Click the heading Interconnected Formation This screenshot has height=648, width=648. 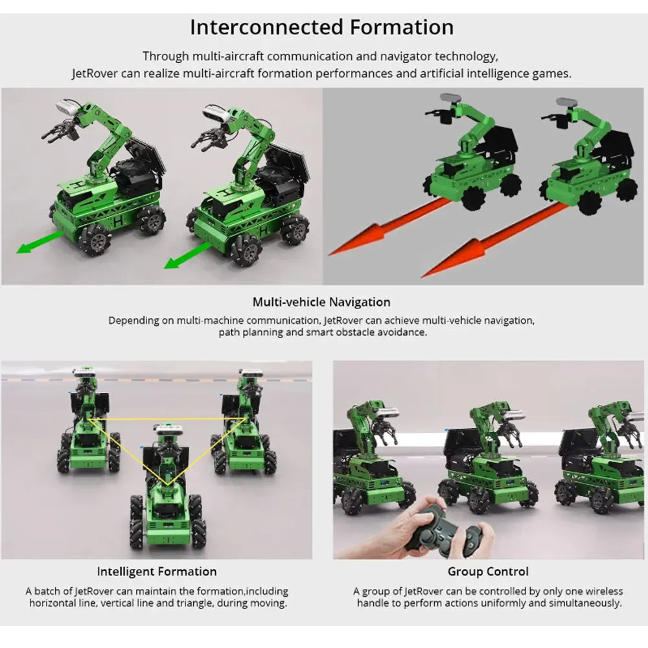click(x=322, y=28)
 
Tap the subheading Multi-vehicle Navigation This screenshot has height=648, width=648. click(x=321, y=302)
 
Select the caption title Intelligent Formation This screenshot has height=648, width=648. click(x=157, y=572)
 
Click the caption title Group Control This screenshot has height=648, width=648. click(x=488, y=572)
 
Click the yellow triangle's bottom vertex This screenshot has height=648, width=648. click(x=168, y=485)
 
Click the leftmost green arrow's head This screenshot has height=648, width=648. click(x=23, y=249)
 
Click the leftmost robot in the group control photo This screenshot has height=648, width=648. click(x=369, y=460)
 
